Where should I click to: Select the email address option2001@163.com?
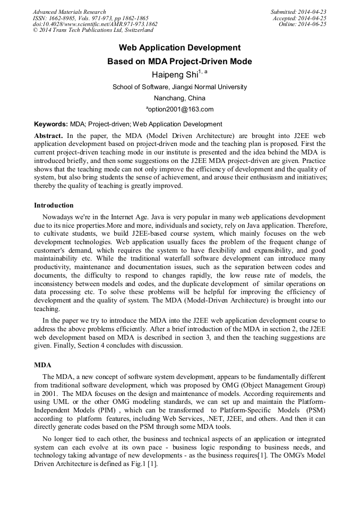pos(181,110)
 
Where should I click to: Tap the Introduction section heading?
pos(54,205)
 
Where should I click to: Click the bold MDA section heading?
pos(42,366)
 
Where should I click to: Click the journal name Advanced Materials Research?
pos(69,12)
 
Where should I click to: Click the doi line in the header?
pos(95,24)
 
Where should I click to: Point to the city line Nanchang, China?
pos(179,98)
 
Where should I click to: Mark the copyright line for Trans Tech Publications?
pos(93,31)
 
